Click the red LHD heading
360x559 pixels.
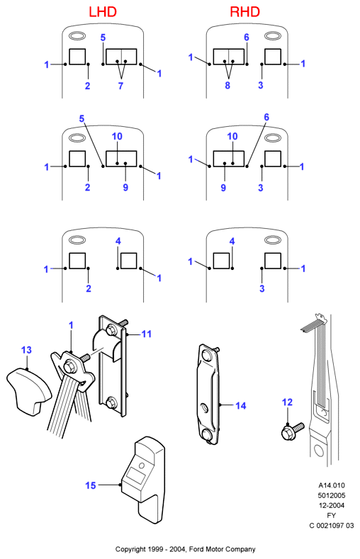click(103, 12)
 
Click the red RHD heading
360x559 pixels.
click(245, 12)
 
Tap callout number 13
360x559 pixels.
click(26, 350)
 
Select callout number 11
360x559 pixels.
click(147, 334)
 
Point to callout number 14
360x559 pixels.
click(241, 406)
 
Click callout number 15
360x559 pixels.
click(91, 485)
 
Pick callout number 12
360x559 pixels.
click(287, 402)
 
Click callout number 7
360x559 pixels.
click(120, 86)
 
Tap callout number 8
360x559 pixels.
click(227, 86)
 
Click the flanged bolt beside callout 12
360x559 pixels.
click(292, 431)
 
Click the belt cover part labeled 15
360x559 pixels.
click(144, 480)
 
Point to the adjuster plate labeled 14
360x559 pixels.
click(209, 394)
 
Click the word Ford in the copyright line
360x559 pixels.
click(196, 549)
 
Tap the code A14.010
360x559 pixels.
click(332, 485)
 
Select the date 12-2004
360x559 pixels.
click(332, 505)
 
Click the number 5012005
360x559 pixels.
click(332, 495)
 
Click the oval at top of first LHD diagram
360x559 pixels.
click(77, 36)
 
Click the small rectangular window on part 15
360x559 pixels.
click(136, 475)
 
